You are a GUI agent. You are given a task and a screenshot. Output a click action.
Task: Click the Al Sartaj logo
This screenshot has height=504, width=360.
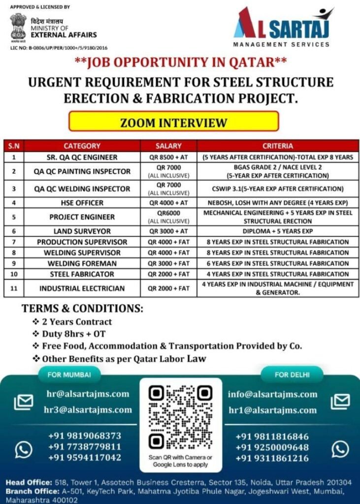tap(282, 27)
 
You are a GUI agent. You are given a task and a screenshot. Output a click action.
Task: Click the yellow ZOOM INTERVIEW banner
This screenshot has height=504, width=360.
tap(173, 122)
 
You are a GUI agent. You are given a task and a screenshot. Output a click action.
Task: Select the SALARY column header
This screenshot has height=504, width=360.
tap(168, 146)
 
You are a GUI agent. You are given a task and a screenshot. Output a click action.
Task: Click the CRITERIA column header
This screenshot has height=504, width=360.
tap(278, 146)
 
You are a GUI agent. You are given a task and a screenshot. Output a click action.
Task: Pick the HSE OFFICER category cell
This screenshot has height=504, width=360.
tap(82, 203)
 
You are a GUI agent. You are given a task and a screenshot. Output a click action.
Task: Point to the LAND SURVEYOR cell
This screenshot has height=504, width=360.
tap(82, 231)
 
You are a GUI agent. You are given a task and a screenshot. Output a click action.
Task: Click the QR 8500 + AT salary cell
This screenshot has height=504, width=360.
tap(168, 157)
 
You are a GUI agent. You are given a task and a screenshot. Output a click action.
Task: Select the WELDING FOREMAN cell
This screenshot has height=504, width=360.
tap(82, 263)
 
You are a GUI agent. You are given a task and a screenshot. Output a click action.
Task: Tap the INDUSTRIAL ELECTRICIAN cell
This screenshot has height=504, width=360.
tap(82, 288)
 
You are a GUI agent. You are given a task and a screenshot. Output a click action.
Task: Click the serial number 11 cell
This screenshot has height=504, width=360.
tap(14, 288)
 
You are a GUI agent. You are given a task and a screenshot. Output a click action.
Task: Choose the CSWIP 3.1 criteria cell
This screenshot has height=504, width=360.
tap(278, 189)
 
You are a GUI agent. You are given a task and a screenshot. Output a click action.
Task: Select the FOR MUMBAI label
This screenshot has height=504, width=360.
tap(62, 375)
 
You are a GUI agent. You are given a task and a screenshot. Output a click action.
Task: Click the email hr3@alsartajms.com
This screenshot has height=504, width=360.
tap(88, 409)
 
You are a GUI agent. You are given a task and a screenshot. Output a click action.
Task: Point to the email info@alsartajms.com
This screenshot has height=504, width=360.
tap(272, 394)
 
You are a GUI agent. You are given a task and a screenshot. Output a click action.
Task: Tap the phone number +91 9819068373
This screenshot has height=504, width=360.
tap(84, 436)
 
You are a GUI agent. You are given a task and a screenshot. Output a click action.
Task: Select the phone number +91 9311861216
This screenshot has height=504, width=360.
tap(272, 459)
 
